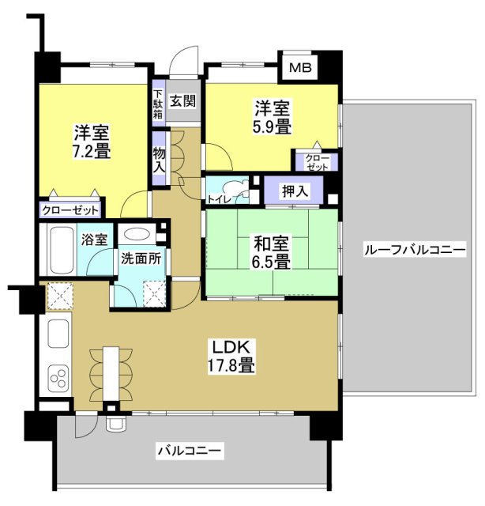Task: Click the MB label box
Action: (299, 67)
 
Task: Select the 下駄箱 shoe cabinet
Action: (158, 100)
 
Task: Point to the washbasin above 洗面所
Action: (139, 235)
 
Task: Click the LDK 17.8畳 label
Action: (231, 356)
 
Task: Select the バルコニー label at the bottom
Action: (190, 451)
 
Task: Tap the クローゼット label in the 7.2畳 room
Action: (71, 210)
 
